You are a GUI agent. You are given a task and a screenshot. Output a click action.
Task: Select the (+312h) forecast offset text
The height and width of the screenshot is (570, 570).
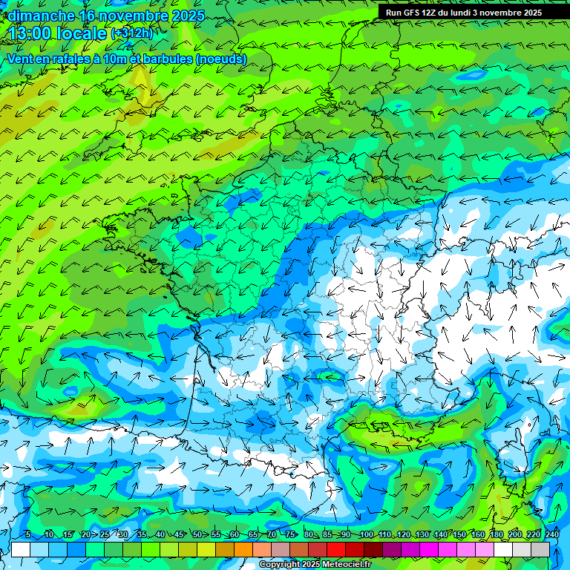point(131,33)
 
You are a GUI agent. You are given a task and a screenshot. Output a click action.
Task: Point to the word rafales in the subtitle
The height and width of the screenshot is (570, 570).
point(75,59)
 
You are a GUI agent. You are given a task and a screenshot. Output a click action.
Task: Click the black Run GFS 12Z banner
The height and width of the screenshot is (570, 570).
point(464,13)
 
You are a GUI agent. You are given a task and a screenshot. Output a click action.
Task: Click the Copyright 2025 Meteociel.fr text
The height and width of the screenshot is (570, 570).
point(315,565)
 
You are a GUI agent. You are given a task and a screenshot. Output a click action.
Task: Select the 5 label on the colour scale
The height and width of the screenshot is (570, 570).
point(27,535)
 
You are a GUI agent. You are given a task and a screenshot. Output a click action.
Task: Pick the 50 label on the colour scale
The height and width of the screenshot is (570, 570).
point(197,535)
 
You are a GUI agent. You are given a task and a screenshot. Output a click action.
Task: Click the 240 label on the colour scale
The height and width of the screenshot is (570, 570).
point(551,535)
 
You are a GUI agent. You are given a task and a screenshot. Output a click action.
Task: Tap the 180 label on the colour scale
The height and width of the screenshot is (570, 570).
point(497,535)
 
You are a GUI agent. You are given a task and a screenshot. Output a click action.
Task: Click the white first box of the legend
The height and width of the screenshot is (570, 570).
point(21,549)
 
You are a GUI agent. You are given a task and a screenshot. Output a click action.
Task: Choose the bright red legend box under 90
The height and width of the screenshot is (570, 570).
point(336,549)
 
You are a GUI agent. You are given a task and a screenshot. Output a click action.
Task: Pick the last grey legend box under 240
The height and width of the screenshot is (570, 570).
point(540,549)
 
